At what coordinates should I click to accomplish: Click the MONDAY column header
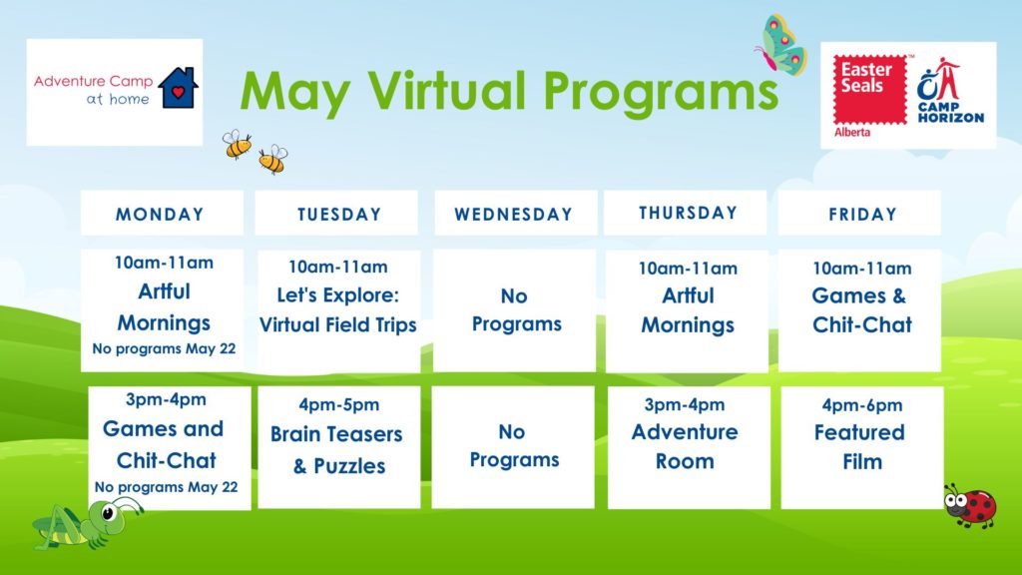click(162, 214)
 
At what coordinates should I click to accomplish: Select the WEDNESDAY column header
click(516, 214)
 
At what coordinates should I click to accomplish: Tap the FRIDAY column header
click(859, 214)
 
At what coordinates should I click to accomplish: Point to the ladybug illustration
click(970, 504)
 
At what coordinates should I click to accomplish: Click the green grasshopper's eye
click(108, 513)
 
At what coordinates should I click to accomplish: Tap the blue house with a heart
click(178, 88)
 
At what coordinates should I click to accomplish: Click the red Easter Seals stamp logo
click(870, 89)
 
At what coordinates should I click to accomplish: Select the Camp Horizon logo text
click(950, 112)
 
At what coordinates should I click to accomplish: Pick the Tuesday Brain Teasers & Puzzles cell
click(339, 447)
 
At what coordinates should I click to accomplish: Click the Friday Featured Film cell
click(861, 447)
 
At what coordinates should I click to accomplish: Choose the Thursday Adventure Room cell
click(689, 447)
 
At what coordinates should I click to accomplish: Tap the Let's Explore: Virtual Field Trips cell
click(339, 311)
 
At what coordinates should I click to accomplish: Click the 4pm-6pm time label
click(861, 405)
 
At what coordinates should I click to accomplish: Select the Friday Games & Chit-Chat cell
click(859, 311)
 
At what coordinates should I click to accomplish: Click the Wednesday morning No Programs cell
click(514, 311)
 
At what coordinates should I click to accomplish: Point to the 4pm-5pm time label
click(339, 404)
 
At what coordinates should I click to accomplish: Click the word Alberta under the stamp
click(852, 133)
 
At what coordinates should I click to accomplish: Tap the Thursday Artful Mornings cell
click(687, 311)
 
